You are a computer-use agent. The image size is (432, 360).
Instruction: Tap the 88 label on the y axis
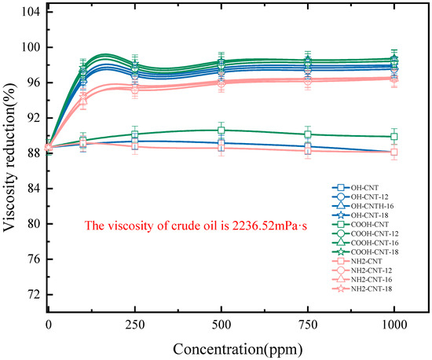coord(32,153)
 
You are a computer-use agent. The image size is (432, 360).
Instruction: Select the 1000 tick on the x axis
coord(394,323)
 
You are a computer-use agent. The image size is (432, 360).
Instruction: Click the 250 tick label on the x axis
coord(135,323)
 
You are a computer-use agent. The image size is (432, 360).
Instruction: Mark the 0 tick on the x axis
coord(49,323)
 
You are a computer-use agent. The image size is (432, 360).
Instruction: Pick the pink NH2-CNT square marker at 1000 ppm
coord(394,152)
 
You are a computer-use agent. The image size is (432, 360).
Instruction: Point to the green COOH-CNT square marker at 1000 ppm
coord(394,137)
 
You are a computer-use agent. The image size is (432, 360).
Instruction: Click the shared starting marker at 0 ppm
coord(49,147)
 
